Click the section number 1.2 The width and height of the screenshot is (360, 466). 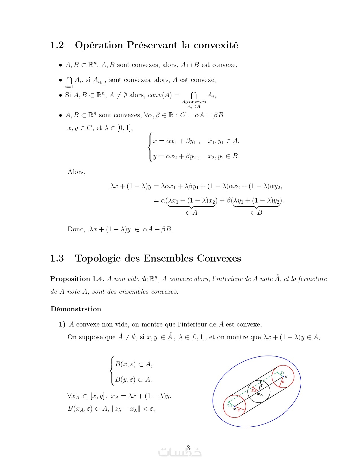point(57,45)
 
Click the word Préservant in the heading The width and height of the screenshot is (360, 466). point(152,45)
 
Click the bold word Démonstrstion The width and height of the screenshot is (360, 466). point(76,309)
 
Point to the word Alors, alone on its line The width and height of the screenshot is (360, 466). point(76,172)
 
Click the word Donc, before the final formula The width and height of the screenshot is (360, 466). point(76,229)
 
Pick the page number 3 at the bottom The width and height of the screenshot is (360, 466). point(188,447)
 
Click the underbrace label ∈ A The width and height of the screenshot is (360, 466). point(192,212)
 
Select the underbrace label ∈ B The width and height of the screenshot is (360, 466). point(256,212)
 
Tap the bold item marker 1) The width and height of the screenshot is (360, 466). point(62,324)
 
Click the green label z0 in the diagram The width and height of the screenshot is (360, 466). point(229,406)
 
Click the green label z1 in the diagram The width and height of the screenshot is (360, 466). point(282,373)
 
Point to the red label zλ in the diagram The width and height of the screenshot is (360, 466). point(254,391)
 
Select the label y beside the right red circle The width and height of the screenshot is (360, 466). point(286,376)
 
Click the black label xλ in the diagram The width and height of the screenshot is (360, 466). point(260,394)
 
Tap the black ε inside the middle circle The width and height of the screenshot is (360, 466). point(261,385)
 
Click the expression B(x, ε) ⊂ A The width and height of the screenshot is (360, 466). point(134,364)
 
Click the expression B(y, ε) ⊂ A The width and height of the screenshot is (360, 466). point(134,380)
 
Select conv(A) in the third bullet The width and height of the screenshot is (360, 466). point(160,95)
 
